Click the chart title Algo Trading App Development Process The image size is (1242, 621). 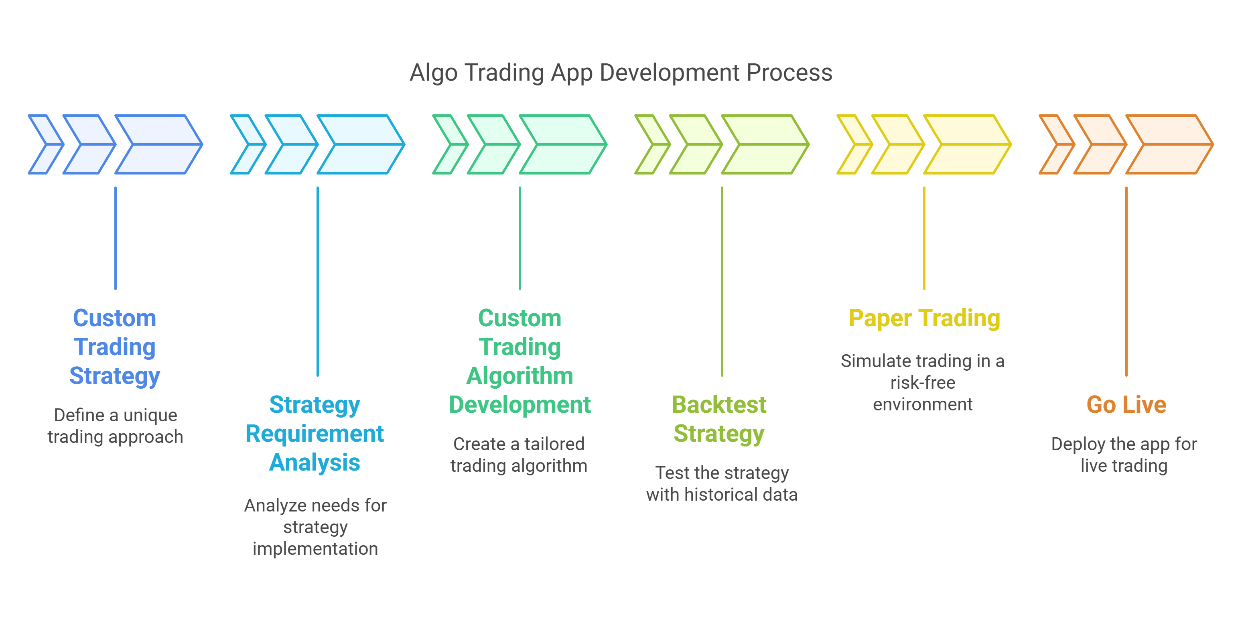point(621,73)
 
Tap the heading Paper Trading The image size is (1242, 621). point(924,318)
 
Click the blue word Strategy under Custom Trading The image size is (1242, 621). point(115,376)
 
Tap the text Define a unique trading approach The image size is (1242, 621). point(115,426)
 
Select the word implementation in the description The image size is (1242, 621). point(315,549)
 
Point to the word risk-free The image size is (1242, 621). point(922,382)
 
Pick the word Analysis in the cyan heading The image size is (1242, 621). point(315,463)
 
